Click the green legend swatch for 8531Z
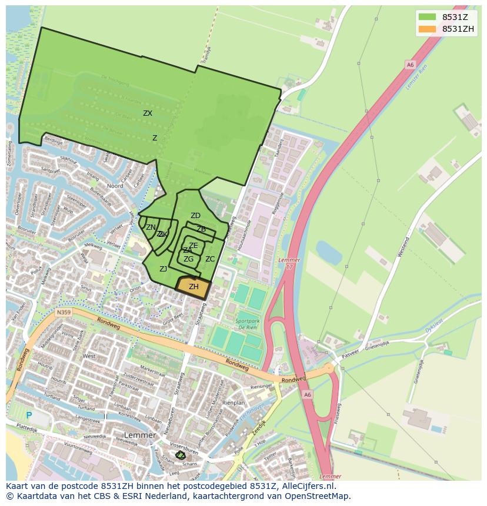pyautogui.click(x=427, y=18)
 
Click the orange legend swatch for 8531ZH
pyautogui.click(x=427, y=29)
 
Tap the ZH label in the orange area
pyautogui.click(x=194, y=287)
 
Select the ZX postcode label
pyautogui.click(x=148, y=113)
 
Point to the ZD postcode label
pyautogui.click(x=195, y=216)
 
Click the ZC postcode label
pyautogui.click(x=210, y=259)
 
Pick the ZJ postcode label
pyautogui.click(x=163, y=269)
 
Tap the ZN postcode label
pyautogui.click(x=151, y=227)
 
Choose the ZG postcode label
pyautogui.click(x=188, y=259)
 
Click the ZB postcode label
pyautogui.click(x=201, y=229)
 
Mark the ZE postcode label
pyautogui.click(x=193, y=246)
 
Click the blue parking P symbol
pyautogui.click(x=28, y=415)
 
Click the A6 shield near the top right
pyautogui.click(x=409, y=65)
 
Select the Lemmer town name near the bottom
pyautogui.click(x=140, y=435)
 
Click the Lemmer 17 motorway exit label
pyautogui.click(x=288, y=263)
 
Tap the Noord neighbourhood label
pyautogui.click(x=115, y=186)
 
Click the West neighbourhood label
pyautogui.click(x=89, y=356)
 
